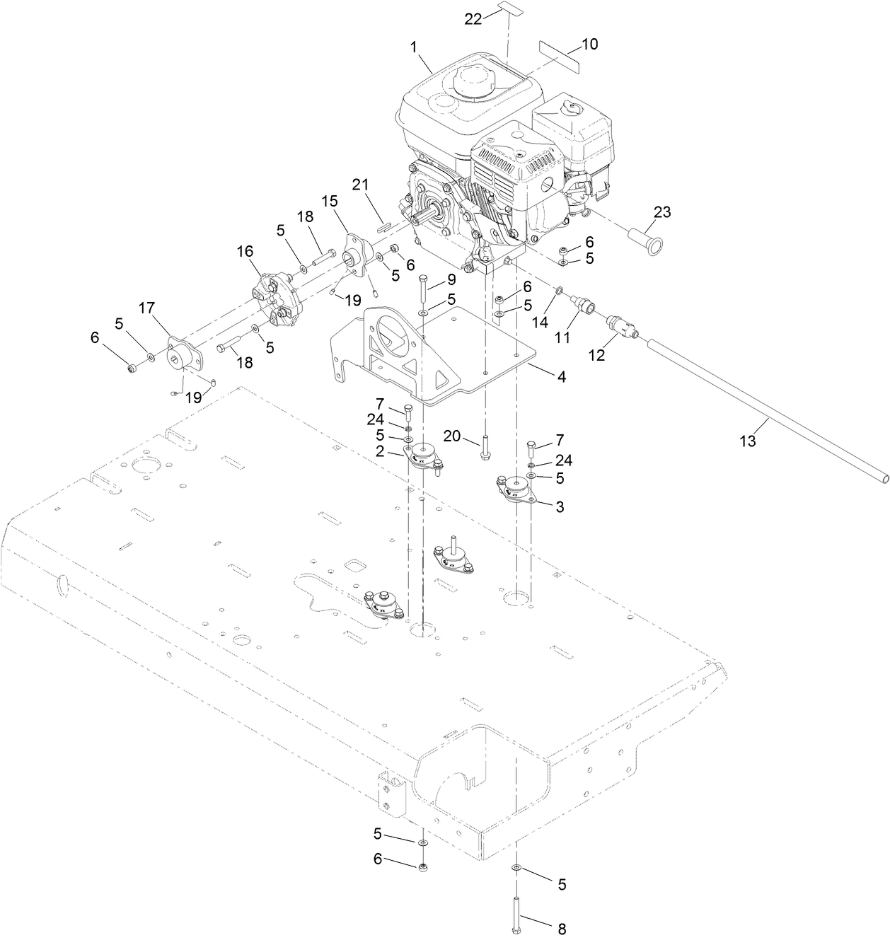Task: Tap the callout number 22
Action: (473, 19)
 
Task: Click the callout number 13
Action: (748, 441)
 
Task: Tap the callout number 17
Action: (146, 308)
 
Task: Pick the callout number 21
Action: (361, 185)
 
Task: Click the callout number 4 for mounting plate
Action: (561, 377)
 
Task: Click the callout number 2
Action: (381, 451)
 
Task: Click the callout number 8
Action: (562, 928)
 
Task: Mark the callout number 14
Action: (540, 321)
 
